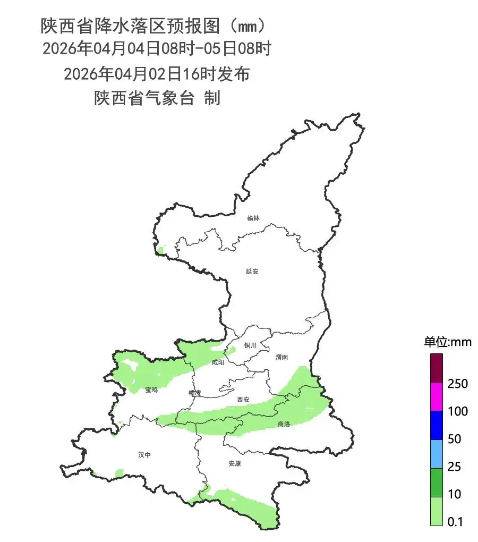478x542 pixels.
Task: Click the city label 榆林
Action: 253,218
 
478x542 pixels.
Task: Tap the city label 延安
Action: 252,271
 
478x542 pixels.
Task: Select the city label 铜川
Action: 250,345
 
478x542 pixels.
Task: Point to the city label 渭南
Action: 281,358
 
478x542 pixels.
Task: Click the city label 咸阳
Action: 218,362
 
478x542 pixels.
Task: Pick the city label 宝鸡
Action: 151,390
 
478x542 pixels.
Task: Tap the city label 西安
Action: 243,399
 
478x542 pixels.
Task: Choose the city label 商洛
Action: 284,424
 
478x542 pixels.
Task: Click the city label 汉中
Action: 144,455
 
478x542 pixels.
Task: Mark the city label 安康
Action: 235,463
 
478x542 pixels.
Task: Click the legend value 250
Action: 457,384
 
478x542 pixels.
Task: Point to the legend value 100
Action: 457,411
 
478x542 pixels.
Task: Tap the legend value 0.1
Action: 455,522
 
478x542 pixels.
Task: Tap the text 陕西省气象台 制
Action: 157,98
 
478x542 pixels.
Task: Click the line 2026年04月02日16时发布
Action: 157,74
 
